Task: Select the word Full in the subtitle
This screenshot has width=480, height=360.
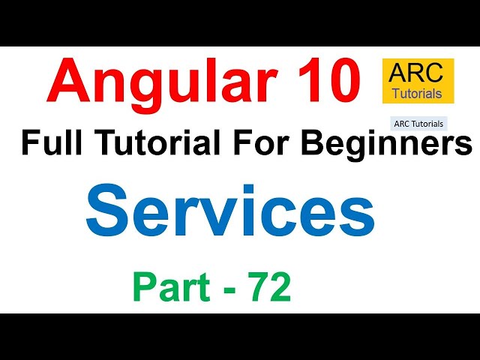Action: (49, 142)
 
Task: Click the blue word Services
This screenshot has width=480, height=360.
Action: (230, 209)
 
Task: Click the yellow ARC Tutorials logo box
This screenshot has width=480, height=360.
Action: (418, 81)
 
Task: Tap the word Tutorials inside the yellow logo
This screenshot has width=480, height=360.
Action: (418, 94)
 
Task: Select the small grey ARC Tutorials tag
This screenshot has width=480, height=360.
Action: (418, 123)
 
